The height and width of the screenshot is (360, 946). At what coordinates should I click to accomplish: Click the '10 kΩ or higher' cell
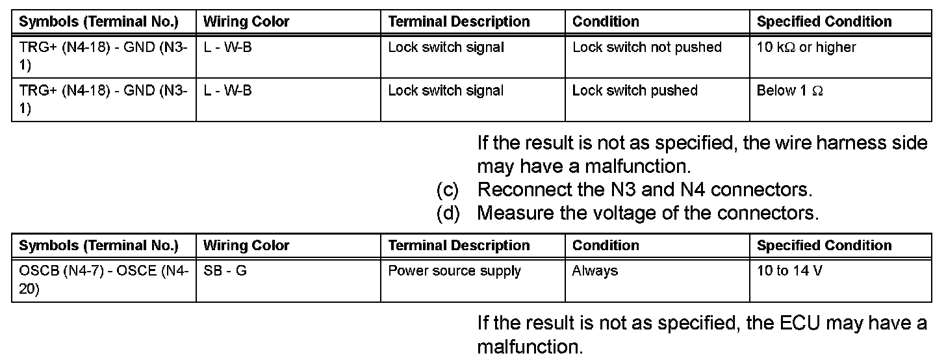[x=806, y=47]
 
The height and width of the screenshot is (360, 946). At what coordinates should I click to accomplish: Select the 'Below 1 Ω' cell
[x=790, y=91]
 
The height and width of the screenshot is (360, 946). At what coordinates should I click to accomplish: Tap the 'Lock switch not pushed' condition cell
[x=646, y=47]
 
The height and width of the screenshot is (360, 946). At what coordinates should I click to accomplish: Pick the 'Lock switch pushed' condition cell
[x=635, y=91]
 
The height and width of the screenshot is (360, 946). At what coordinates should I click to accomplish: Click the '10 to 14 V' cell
[x=789, y=271]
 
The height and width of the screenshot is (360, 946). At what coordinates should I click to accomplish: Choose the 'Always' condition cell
[x=594, y=271]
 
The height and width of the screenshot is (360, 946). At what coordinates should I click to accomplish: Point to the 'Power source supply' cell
[x=454, y=271]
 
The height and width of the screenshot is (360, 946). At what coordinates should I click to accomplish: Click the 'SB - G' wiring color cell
[x=225, y=271]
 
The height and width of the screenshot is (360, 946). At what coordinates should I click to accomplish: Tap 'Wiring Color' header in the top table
[x=246, y=21]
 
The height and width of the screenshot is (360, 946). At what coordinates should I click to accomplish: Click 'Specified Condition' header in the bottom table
[x=824, y=246]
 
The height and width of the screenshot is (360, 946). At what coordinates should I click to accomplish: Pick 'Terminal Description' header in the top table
[x=459, y=21]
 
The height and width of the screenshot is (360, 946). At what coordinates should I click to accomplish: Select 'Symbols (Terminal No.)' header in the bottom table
[x=99, y=246]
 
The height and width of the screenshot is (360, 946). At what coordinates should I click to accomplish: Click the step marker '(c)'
[x=448, y=190]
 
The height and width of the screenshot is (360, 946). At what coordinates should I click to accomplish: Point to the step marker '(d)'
[x=448, y=213]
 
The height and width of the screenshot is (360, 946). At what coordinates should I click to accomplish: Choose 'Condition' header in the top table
[x=606, y=21]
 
